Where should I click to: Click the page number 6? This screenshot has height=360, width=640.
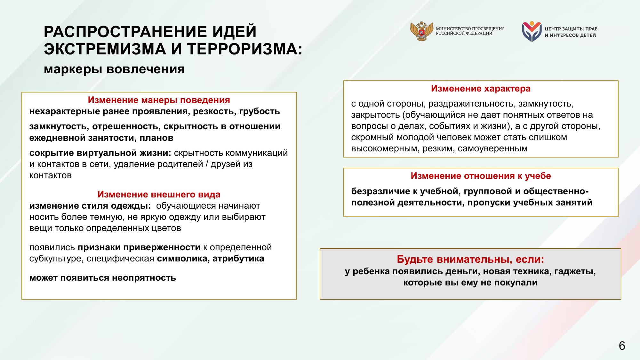(x=622, y=346)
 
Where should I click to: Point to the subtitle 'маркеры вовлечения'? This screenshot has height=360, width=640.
(x=114, y=69)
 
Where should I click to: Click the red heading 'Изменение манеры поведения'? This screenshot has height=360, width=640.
(x=159, y=100)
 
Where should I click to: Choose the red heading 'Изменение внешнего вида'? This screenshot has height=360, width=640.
(x=159, y=194)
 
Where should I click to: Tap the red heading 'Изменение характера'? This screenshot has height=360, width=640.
(x=481, y=89)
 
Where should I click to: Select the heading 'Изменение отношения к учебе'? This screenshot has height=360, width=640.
(x=481, y=176)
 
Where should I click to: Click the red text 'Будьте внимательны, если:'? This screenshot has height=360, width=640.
(x=470, y=259)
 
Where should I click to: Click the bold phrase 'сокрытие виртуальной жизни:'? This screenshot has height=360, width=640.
(x=100, y=153)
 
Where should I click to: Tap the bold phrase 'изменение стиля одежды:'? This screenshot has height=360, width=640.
(x=90, y=206)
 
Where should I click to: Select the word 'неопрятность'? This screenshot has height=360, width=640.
(x=144, y=277)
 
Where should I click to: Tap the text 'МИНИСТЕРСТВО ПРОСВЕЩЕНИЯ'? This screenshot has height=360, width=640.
(x=470, y=29)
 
